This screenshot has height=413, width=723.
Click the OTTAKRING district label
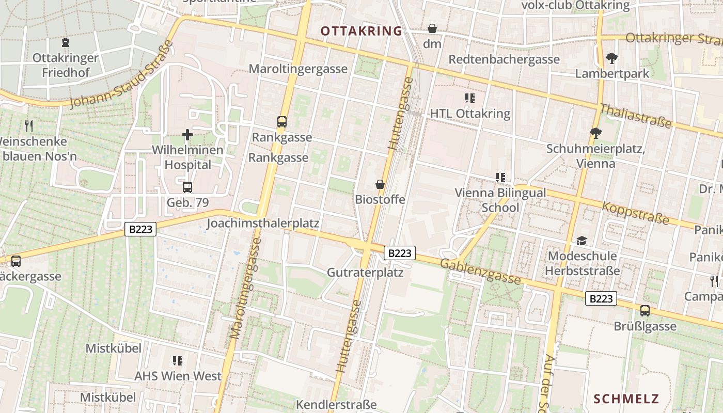[x=361, y=31]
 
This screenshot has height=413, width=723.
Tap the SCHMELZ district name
[x=626, y=399]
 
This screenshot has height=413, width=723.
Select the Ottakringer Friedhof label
[x=66, y=65]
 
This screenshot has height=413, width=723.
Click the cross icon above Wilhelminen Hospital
[x=187, y=135]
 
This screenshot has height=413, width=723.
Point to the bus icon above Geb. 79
[x=187, y=187]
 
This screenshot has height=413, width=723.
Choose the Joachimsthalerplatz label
[x=263, y=224]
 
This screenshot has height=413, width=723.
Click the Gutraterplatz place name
[x=365, y=272]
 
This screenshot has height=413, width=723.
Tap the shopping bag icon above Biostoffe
[x=380, y=184]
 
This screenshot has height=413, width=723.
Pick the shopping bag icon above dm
[x=432, y=29]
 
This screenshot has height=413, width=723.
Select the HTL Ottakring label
[x=470, y=114]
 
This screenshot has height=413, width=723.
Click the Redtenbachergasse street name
[x=504, y=59]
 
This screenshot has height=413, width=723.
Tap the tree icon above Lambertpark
[x=612, y=58]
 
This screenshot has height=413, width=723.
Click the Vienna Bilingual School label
[x=500, y=200]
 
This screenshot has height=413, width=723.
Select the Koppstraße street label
[x=636, y=213]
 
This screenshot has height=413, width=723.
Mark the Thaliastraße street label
[x=636, y=116]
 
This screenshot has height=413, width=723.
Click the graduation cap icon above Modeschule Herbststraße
[x=582, y=241]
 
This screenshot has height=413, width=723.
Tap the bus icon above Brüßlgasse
[x=645, y=311]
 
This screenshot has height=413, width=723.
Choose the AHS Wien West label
[x=178, y=375]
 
